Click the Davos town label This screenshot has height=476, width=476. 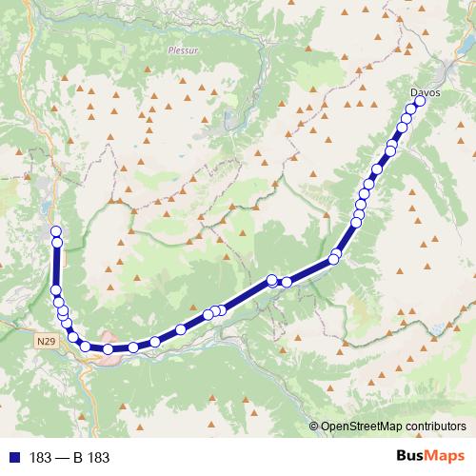click(425, 92)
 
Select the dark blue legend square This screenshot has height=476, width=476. click(13, 458)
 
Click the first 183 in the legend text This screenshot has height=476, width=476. click(40, 458)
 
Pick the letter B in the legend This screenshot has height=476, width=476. click(78, 458)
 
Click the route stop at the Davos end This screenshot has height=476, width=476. click(419, 100)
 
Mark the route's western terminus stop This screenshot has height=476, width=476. click(55, 231)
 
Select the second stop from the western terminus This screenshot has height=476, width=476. click(56, 243)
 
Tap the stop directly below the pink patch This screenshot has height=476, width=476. click(109, 349)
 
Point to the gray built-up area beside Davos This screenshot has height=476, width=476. click(442, 74)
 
